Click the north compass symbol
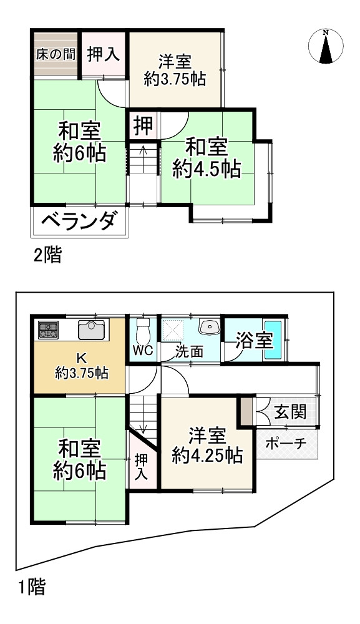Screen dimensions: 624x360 pyautogui.click(x=325, y=47)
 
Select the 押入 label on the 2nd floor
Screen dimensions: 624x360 pyautogui.click(x=103, y=54)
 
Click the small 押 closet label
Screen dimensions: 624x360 pyautogui.click(x=143, y=127)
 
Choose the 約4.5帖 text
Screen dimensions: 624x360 pyautogui.click(x=207, y=169)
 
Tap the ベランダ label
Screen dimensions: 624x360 pyautogui.click(x=79, y=222)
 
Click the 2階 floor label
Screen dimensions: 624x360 pyautogui.click(x=48, y=255)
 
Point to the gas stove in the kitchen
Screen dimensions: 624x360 pyautogui.click(x=49, y=329)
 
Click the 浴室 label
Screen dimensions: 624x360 pyautogui.click(x=254, y=341)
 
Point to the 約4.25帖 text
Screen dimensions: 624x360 pyautogui.click(x=207, y=456)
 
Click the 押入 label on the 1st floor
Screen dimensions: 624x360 pyautogui.click(x=141, y=466)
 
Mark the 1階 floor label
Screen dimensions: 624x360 pyautogui.click(x=31, y=587)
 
